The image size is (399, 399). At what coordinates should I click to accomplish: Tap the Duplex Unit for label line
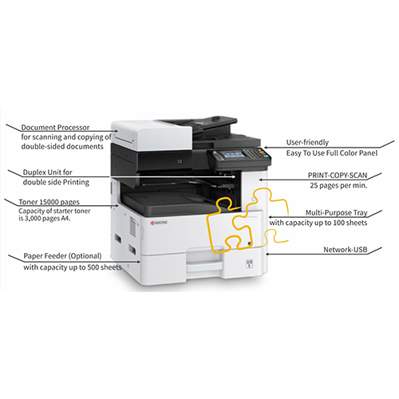tap(48, 172)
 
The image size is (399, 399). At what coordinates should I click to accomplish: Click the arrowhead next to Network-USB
tap(265, 252)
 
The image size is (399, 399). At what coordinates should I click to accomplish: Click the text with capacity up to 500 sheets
tap(72, 267)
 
